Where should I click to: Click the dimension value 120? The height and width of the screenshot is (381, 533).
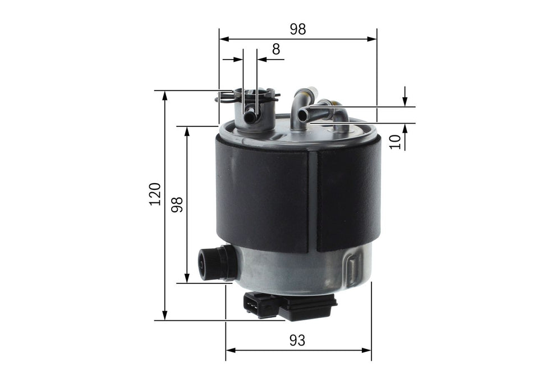pos(155,194)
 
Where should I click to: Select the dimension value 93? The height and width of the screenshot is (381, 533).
pos(298,341)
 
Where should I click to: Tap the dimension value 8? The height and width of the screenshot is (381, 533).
pos(275,49)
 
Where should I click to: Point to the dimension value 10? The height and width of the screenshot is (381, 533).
pos(397,141)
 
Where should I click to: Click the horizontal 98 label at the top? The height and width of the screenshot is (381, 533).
pos(298,30)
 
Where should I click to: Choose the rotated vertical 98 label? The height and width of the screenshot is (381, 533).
pos(178,204)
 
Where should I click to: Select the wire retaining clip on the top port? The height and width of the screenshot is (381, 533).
pos(247,96)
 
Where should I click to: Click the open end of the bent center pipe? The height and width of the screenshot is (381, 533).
pos(303,115)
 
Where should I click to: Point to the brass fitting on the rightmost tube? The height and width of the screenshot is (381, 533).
pos(335,104)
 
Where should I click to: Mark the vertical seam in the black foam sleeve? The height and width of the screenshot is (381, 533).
pos(313,202)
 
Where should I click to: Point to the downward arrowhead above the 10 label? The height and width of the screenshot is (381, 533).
pos(405,102)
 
